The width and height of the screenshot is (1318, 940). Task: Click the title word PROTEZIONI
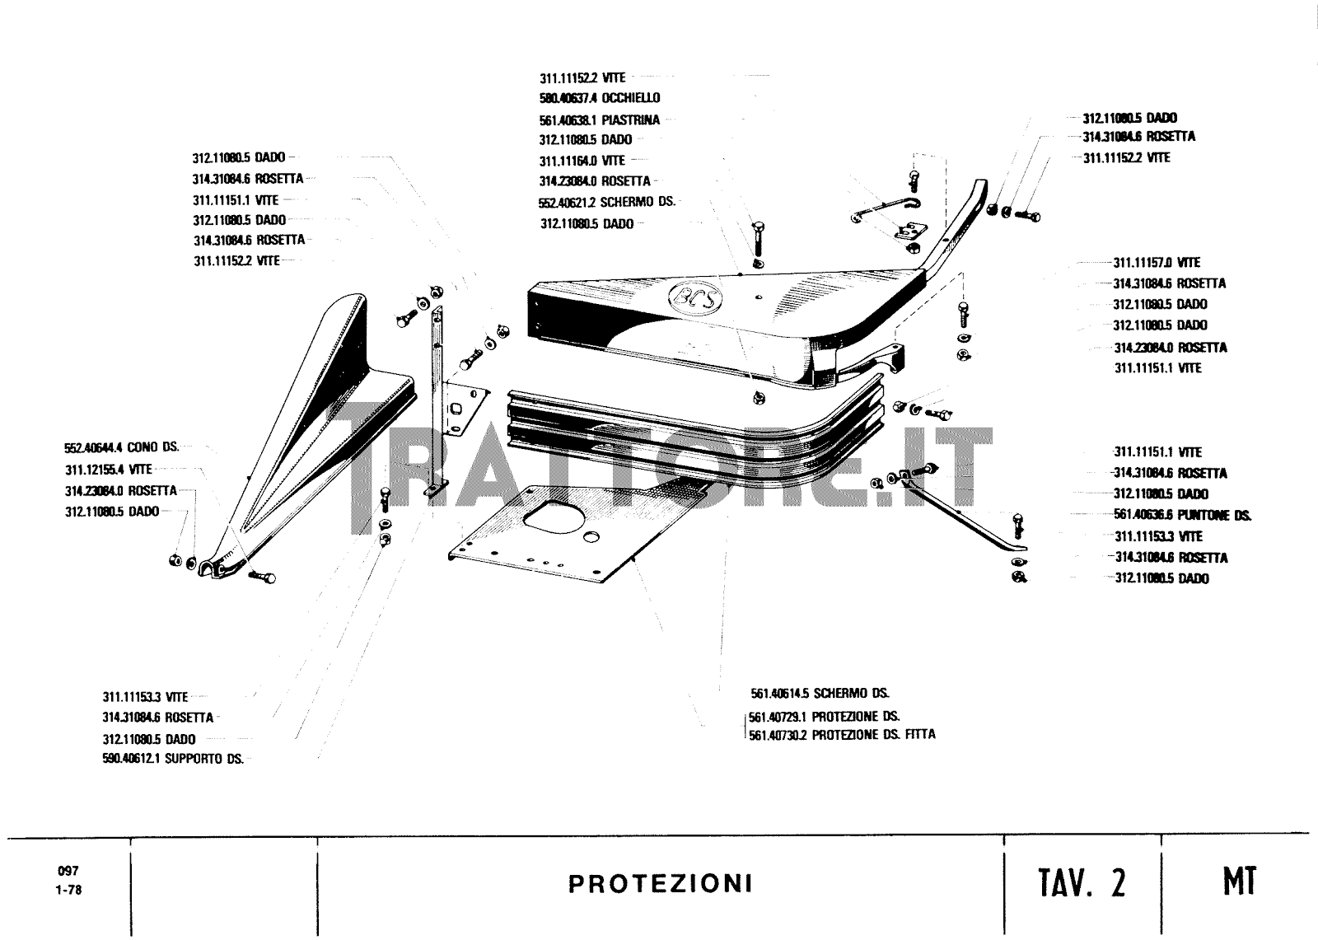(660, 884)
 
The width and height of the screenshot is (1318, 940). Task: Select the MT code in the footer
(1239, 882)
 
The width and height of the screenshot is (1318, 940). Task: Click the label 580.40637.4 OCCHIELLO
(600, 98)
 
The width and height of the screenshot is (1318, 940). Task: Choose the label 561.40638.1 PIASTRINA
(600, 119)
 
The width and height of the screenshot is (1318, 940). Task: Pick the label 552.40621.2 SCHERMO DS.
(607, 202)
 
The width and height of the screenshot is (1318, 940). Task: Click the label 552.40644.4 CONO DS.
(121, 447)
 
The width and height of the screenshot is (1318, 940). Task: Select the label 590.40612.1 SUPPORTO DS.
(173, 760)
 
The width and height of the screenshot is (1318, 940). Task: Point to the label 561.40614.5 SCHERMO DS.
(820, 694)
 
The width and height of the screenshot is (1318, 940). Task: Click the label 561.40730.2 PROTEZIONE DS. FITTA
(842, 734)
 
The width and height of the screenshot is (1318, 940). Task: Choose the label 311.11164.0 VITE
(582, 161)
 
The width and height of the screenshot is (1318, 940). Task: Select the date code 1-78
(68, 890)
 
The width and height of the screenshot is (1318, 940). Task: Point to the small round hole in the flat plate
(590, 536)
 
